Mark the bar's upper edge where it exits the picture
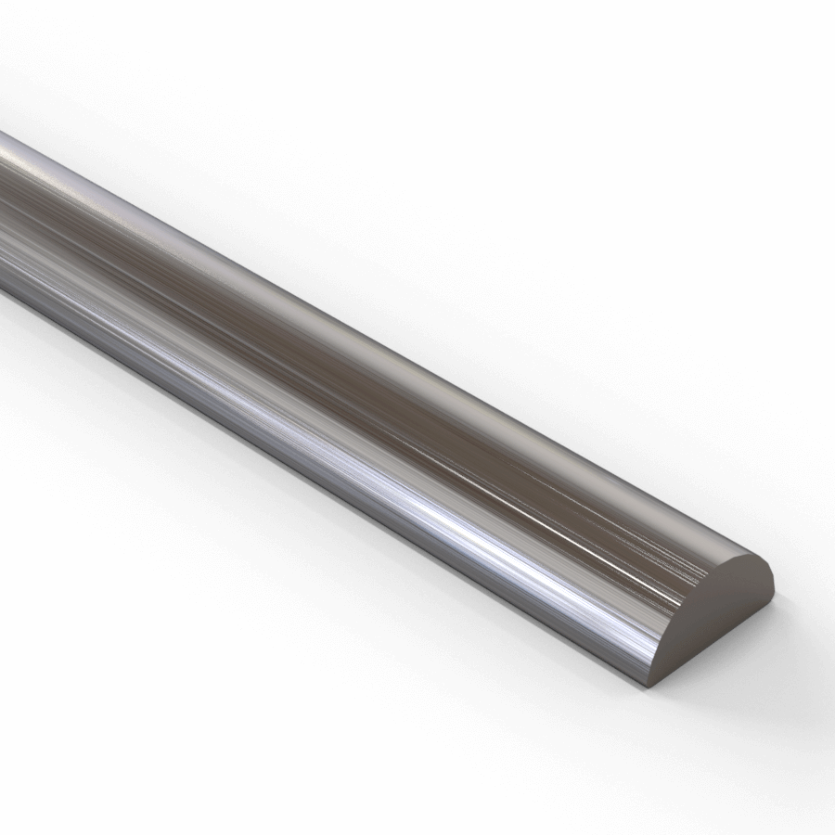click(3, 135)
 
